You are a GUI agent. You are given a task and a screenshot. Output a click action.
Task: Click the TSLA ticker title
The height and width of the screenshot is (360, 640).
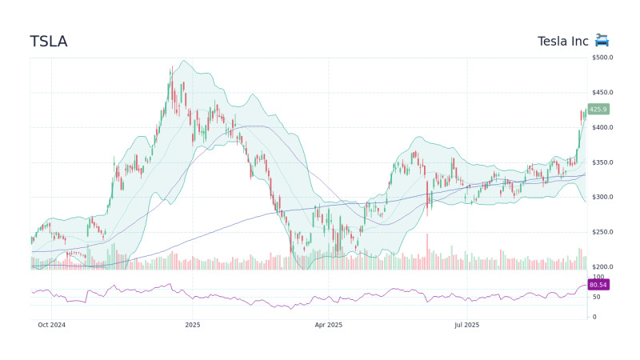pos(49,42)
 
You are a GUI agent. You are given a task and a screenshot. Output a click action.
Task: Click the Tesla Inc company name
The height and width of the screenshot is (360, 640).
pos(562,41)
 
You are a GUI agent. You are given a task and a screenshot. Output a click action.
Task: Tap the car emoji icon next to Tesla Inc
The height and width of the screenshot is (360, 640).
pos(602,41)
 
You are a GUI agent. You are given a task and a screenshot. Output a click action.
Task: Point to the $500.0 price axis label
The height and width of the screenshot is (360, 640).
pos(602,58)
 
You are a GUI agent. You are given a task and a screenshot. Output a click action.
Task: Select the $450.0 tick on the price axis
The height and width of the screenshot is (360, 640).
pos(602,93)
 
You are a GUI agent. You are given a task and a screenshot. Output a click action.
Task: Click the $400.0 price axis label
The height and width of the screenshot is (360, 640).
pos(602,128)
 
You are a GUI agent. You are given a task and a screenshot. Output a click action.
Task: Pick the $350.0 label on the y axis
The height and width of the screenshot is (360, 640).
pos(602,162)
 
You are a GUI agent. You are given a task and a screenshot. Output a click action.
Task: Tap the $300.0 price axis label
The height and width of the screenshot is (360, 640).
pos(602,198)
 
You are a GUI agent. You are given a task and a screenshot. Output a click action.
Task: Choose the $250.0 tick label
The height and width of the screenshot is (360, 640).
pos(602,232)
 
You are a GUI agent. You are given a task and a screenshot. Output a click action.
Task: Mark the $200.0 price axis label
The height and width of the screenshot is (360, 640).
pos(602,267)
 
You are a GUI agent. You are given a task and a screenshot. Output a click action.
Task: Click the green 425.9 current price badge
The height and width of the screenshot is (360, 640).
pos(598,110)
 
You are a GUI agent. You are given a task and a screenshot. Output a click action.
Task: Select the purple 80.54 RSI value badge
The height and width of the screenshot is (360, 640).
pos(598,285)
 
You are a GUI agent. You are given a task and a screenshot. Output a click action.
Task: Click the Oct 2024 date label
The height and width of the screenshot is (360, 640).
pos(51,325)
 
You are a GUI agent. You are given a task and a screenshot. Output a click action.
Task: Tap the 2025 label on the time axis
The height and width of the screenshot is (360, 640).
pos(192,325)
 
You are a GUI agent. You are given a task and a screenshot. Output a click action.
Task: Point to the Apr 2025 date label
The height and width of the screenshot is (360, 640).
pos(328,325)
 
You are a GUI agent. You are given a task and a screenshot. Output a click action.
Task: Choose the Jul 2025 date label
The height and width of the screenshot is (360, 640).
pos(466,325)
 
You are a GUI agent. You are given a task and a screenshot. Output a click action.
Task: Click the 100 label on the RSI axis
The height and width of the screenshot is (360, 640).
pos(597,277)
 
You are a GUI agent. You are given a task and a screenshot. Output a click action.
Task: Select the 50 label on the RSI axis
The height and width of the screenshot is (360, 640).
pos(595,297)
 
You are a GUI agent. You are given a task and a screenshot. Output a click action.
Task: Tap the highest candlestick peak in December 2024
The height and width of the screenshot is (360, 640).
pos(171,69)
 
